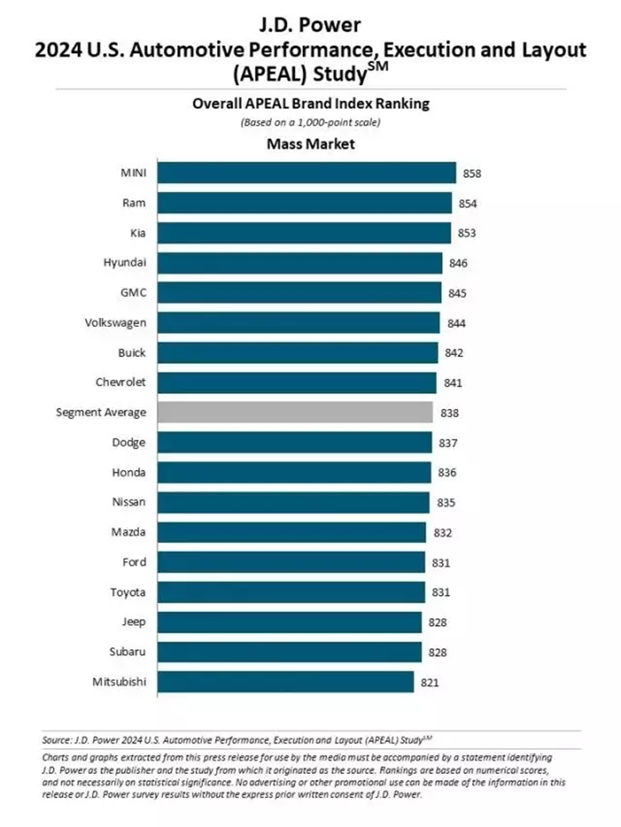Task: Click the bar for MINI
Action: coord(306,173)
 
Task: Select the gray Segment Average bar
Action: coord(295,412)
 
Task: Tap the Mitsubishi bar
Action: coord(286,682)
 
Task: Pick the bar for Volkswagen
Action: coord(298,323)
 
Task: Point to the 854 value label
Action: coord(469,204)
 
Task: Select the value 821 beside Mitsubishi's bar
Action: coord(431,683)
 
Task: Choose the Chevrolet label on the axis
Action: coord(121,382)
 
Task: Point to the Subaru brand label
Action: coord(127,652)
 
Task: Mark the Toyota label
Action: coord(128,593)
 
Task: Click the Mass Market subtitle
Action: coord(310,144)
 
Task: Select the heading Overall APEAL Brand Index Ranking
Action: coord(310,104)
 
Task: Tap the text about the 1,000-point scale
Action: coord(310,122)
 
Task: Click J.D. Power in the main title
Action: coord(310,23)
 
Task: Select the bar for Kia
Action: coord(304,233)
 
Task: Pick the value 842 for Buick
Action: coord(454,353)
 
